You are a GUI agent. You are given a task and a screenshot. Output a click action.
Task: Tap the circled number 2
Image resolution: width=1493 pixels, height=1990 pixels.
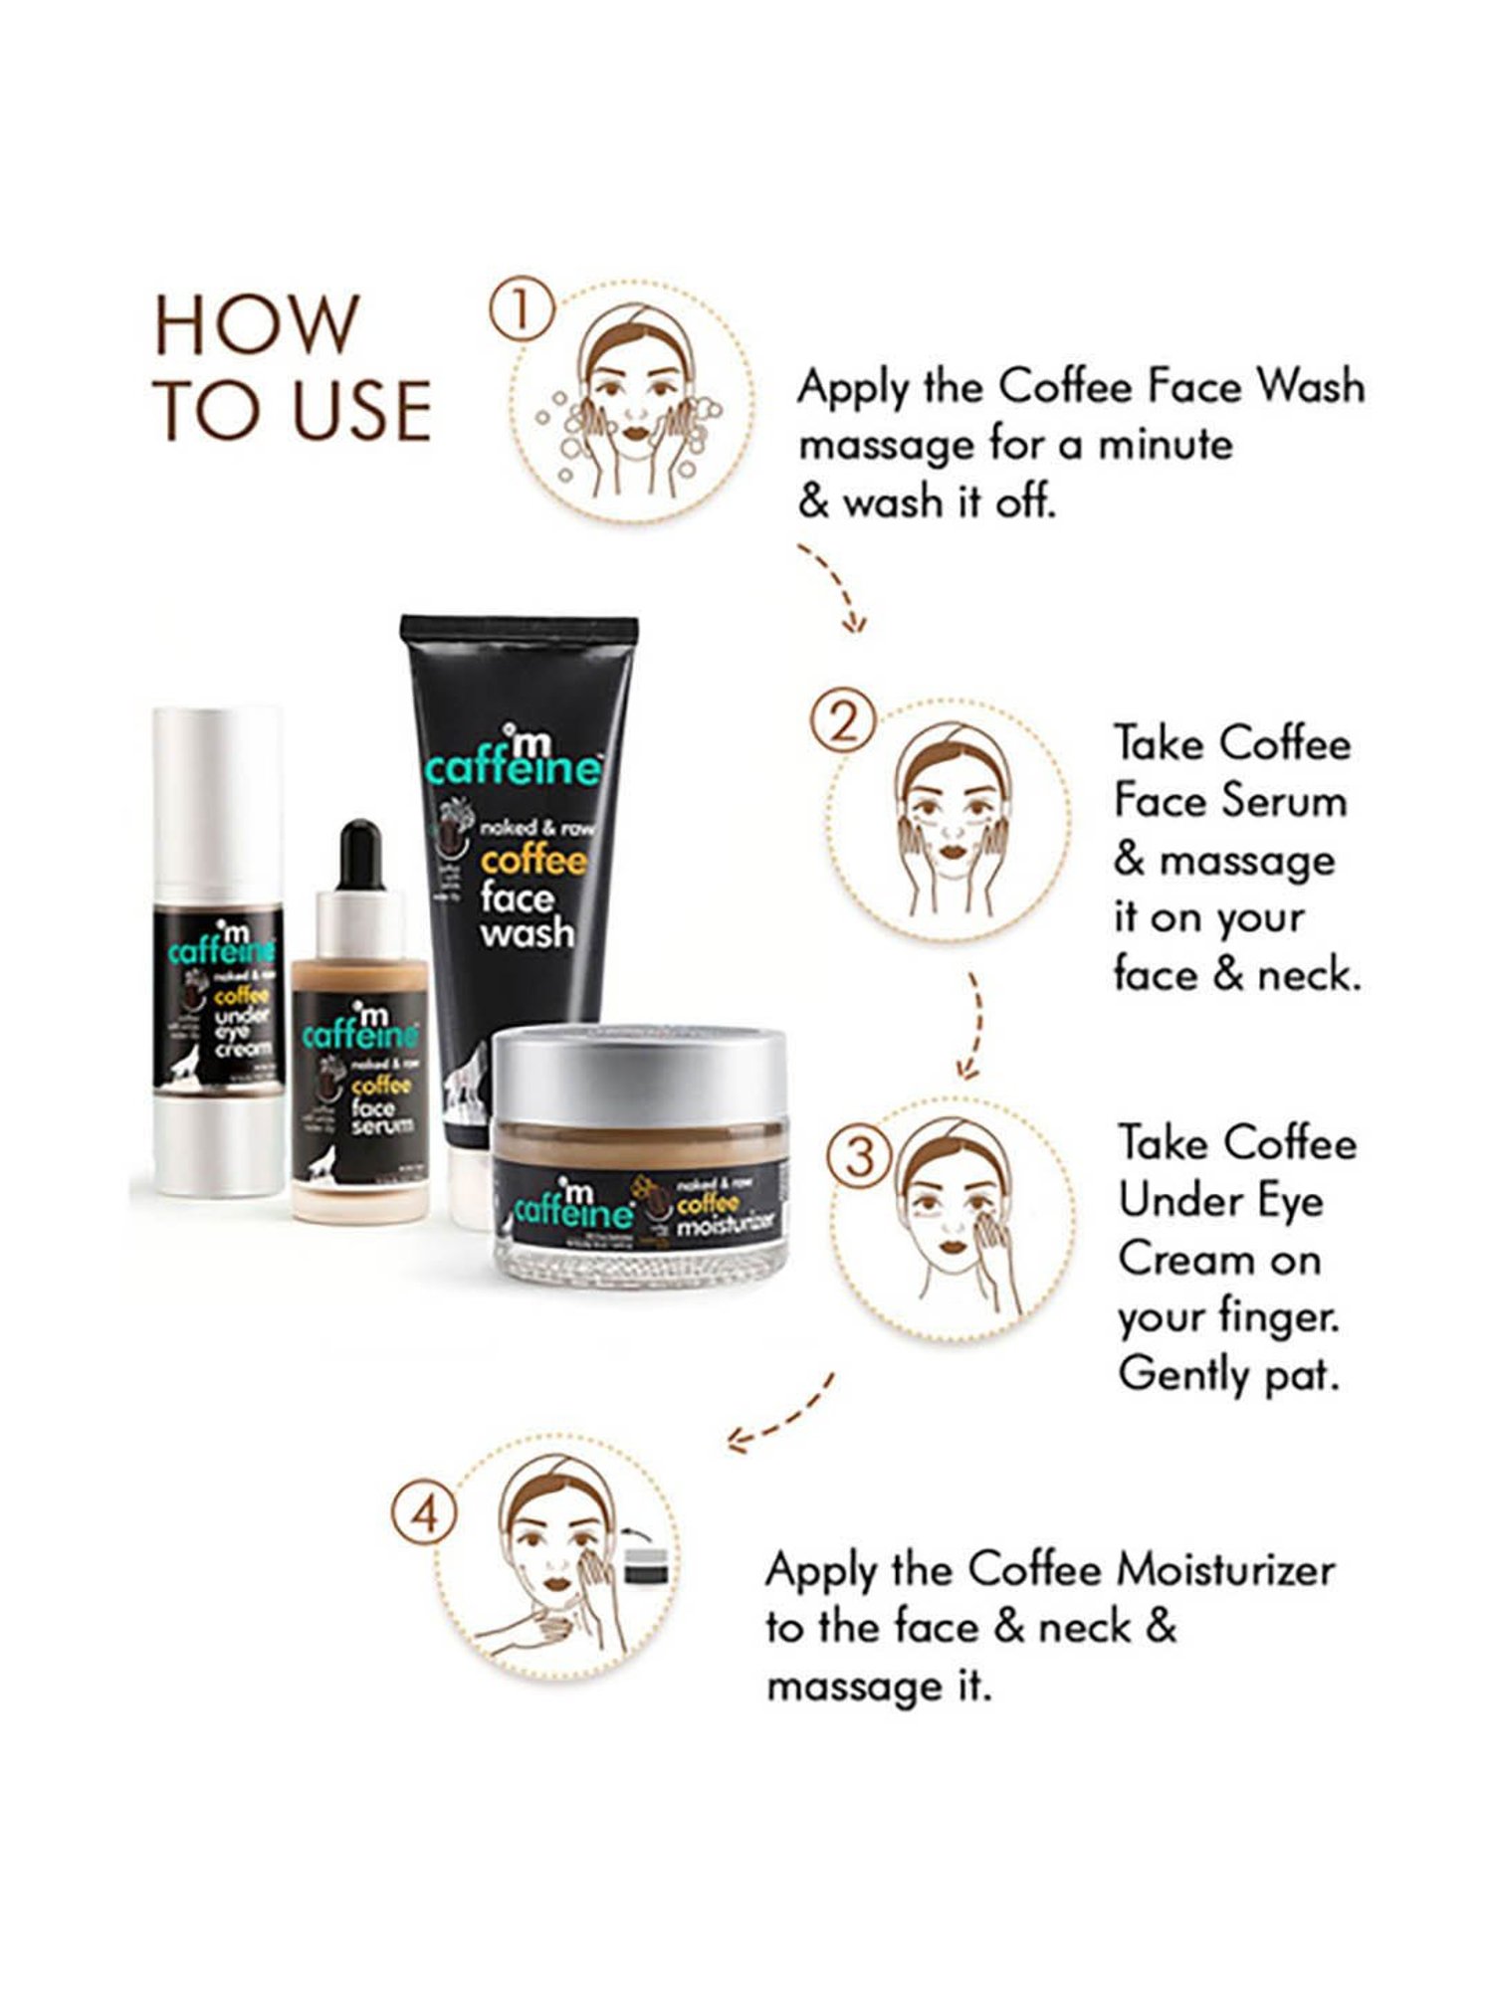(842, 722)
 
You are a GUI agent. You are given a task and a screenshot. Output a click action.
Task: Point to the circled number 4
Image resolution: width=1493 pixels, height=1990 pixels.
(425, 1516)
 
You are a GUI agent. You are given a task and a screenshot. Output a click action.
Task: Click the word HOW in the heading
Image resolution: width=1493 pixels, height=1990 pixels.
(257, 325)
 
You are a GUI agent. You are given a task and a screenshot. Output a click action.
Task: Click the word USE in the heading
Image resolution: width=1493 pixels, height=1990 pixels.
(363, 410)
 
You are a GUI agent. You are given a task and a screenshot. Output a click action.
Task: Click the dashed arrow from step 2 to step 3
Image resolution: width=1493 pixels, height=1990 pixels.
(972, 1025)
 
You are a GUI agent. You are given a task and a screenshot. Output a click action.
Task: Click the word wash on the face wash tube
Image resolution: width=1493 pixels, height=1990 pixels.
(527, 933)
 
